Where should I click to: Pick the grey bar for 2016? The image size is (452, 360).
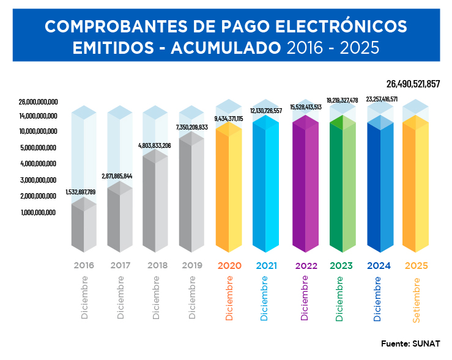(84, 226)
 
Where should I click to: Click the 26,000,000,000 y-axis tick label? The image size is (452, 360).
(38, 101)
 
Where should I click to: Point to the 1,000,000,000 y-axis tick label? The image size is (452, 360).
(38, 212)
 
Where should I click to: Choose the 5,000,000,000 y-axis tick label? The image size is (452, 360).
(38, 147)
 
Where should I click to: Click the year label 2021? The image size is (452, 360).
(267, 266)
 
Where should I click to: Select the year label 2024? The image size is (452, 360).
(379, 266)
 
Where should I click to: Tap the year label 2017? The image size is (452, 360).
(120, 266)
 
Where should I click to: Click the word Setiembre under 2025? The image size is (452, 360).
(416, 299)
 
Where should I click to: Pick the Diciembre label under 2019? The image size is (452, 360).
(192, 298)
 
